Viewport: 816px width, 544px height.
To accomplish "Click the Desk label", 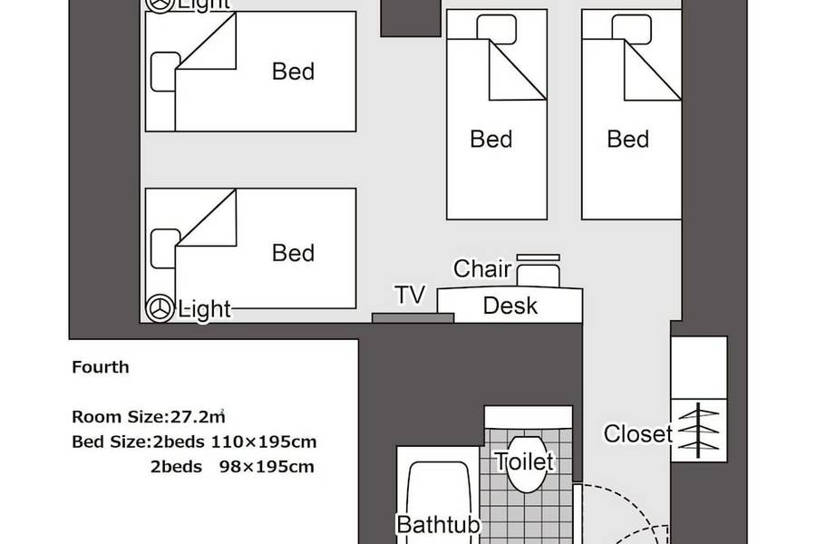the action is coord(510,306).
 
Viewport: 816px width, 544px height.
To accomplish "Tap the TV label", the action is coord(410,295).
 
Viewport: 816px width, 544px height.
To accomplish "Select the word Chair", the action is coord(482,268).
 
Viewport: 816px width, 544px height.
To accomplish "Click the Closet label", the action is coord(638,433).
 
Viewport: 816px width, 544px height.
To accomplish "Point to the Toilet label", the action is coord(524,461).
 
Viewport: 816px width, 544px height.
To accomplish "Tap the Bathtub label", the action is coord(438,525).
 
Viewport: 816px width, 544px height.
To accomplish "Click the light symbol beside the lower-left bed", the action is coord(160,308).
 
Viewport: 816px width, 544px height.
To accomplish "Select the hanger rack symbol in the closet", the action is coord(698,430).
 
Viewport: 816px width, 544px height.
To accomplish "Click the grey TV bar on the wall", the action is coord(413,318).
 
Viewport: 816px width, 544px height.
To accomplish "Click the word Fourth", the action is coord(101,367).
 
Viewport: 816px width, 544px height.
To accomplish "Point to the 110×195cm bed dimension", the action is coord(264,442).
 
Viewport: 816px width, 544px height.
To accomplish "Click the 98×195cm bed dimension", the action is coord(267,467).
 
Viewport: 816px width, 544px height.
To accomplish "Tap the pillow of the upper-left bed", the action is coord(164,72).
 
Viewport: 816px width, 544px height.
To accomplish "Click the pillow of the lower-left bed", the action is coord(164,248).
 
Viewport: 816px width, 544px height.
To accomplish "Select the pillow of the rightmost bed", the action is coord(632,29).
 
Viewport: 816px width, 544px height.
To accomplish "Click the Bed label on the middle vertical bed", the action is coord(491,140).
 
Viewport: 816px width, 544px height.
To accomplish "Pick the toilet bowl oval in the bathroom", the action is coord(527,464).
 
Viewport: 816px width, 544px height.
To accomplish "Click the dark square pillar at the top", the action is coord(411,18).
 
